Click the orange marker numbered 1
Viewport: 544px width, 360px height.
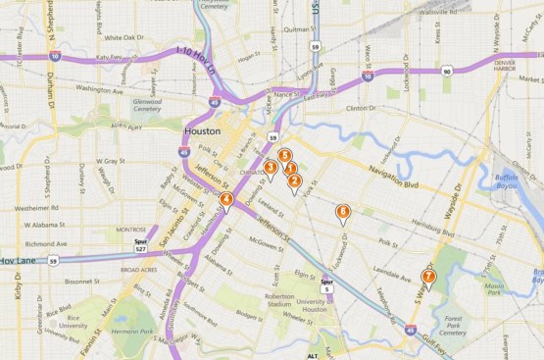(x=290, y=170)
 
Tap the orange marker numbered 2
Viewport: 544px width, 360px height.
(x=294, y=180)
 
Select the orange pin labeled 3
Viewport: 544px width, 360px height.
(x=270, y=168)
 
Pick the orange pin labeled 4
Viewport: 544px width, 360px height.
(x=226, y=200)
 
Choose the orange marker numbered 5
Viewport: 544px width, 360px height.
(x=284, y=156)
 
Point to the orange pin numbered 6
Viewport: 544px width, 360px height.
(x=343, y=212)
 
